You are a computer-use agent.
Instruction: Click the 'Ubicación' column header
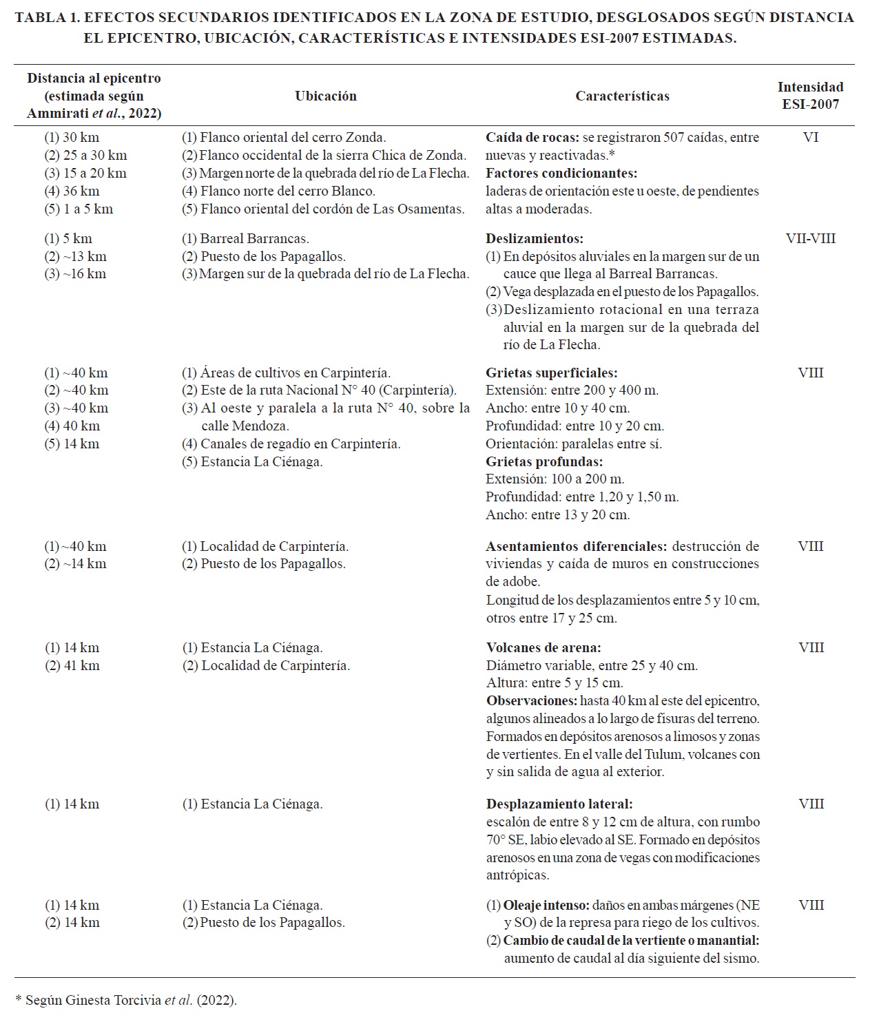[x=326, y=96]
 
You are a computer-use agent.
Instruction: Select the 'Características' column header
[x=622, y=96]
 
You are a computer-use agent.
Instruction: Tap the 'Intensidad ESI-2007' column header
[x=810, y=96]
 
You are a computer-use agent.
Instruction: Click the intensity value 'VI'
[x=810, y=138]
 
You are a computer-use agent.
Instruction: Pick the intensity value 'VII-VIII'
[x=810, y=239]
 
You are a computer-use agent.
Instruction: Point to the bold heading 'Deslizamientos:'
[x=535, y=239]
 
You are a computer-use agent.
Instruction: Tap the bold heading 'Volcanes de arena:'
[x=544, y=648]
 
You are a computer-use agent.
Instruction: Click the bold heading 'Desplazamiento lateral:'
[x=559, y=804]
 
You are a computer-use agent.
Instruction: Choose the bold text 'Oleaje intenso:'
[x=546, y=906]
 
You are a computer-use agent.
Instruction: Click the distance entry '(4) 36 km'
[x=72, y=191]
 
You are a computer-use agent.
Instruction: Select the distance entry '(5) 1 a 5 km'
[x=79, y=209]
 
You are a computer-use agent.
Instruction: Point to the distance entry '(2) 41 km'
[x=72, y=666]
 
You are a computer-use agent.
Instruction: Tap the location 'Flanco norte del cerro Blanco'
[x=287, y=191]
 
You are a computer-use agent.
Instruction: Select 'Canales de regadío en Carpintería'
[x=300, y=444]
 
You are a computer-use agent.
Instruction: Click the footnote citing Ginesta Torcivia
[x=126, y=1001]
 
